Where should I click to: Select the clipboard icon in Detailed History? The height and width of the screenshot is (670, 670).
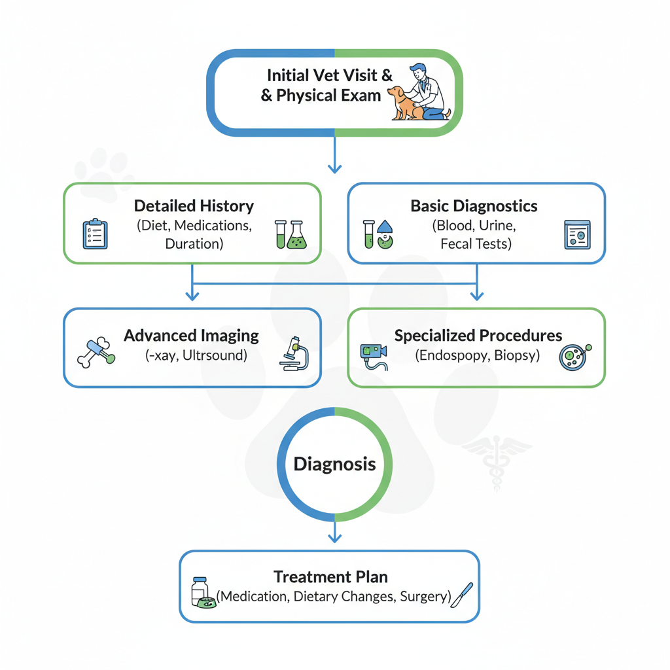[95, 234]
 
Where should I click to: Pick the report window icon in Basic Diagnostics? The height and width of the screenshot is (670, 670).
[576, 234]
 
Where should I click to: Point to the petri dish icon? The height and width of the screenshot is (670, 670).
[574, 357]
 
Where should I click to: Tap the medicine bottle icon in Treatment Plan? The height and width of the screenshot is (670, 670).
[201, 591]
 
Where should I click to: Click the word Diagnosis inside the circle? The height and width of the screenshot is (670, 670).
[334, 464]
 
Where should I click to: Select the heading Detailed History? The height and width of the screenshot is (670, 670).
[194, 206]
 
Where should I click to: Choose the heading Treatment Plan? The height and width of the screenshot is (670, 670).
[330, 577]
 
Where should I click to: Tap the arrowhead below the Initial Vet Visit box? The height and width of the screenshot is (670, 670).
[334, 169]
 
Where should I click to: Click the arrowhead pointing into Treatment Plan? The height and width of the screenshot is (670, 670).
[334, 538]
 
